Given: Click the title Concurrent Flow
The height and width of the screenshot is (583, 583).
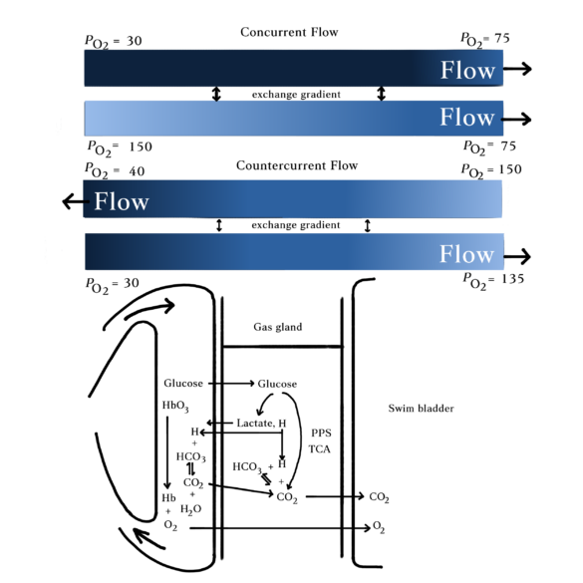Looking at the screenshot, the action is (289, 32).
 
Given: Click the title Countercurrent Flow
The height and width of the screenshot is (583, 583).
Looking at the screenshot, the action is (297, 165).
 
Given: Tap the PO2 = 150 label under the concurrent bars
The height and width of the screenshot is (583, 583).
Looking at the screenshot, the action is (120, 147).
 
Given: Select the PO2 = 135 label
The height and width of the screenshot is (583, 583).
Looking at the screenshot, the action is (493, 280).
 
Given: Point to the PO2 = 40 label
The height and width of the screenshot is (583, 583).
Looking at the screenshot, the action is (115, 170).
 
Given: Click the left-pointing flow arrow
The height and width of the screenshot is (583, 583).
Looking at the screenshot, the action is (76, 201).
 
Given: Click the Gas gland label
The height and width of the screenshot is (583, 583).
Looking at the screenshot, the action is (278, 327).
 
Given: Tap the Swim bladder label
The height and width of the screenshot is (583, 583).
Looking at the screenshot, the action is (421, 409).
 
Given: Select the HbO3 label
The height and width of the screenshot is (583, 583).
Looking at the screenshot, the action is (175, 406).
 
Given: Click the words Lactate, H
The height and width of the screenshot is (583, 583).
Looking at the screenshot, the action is (261, 424).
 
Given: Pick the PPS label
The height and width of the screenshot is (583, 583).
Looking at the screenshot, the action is (321, 433).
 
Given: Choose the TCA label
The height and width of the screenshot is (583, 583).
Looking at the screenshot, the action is (319, 449).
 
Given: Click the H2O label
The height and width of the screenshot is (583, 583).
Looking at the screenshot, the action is (190, 509).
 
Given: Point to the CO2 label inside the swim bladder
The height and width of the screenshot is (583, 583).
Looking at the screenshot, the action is (379, 497).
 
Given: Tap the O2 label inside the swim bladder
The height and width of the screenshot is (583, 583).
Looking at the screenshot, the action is (378, 527).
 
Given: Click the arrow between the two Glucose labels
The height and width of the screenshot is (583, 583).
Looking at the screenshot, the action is (231, 383).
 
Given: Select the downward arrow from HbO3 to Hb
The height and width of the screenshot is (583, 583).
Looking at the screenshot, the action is (167, 452).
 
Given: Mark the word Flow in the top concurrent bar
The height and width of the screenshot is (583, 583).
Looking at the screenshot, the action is (467, 70).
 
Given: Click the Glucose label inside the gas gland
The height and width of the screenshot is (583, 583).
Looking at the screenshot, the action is (277, 384).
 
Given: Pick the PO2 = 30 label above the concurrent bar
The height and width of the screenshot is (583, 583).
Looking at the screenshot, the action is (113, 41).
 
